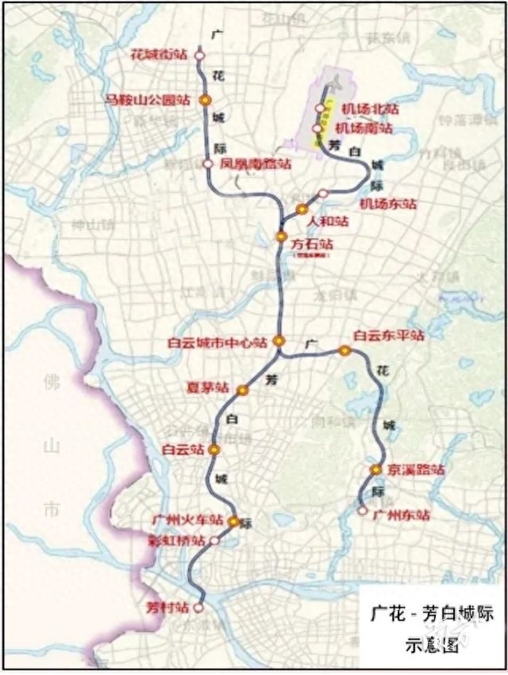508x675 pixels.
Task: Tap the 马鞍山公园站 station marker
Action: tap(204, 100)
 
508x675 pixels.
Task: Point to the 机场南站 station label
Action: tap(364, 127)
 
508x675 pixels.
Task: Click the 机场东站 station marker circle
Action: tap(323, 194)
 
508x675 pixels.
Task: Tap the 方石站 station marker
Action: tap(281, 236)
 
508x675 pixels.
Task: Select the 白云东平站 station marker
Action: tap(344, 350)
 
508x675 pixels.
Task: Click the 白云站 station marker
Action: tap(214, 449)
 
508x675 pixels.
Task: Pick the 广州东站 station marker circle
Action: tap(363, 512)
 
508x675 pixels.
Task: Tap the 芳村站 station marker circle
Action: tap(198, 608)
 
